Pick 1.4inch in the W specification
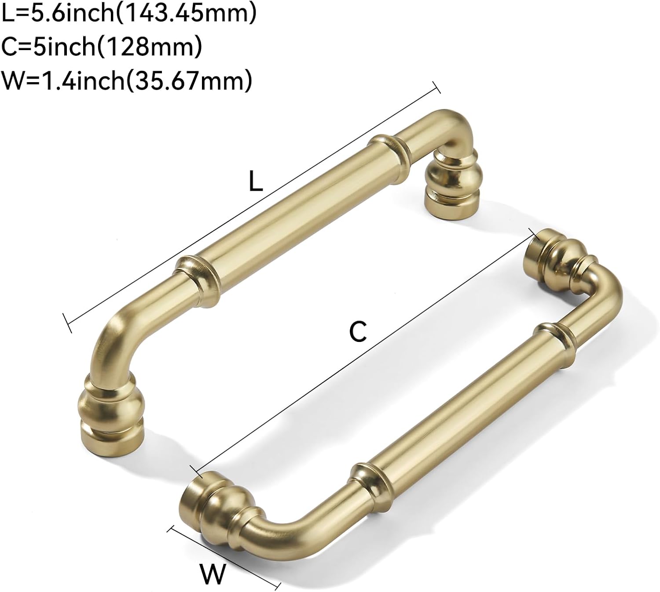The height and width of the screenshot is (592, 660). coord(84,80)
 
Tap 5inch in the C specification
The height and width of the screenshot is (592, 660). coord(67,47)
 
